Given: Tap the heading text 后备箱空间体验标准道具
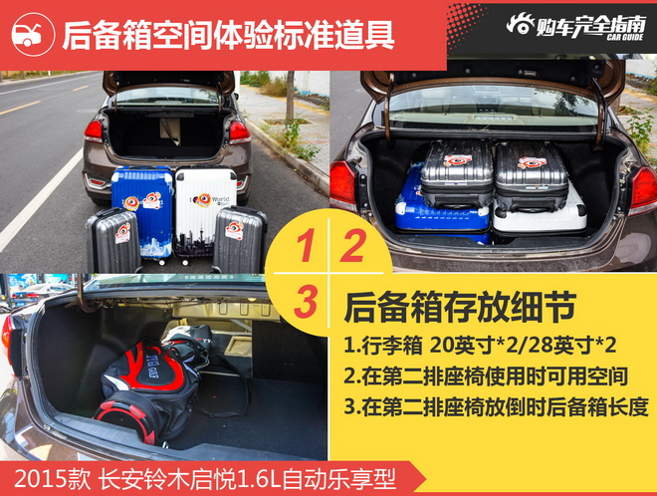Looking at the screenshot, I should pos(228,35).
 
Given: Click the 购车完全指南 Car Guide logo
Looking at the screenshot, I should pos(575,25).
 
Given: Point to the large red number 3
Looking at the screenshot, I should pos(309,299).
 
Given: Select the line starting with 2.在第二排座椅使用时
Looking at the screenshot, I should pos(486,376).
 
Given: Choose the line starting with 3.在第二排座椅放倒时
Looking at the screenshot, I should pos(496,406).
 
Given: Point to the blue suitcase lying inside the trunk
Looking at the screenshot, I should pos(438,209).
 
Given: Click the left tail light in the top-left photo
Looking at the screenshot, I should pos(94,130).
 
